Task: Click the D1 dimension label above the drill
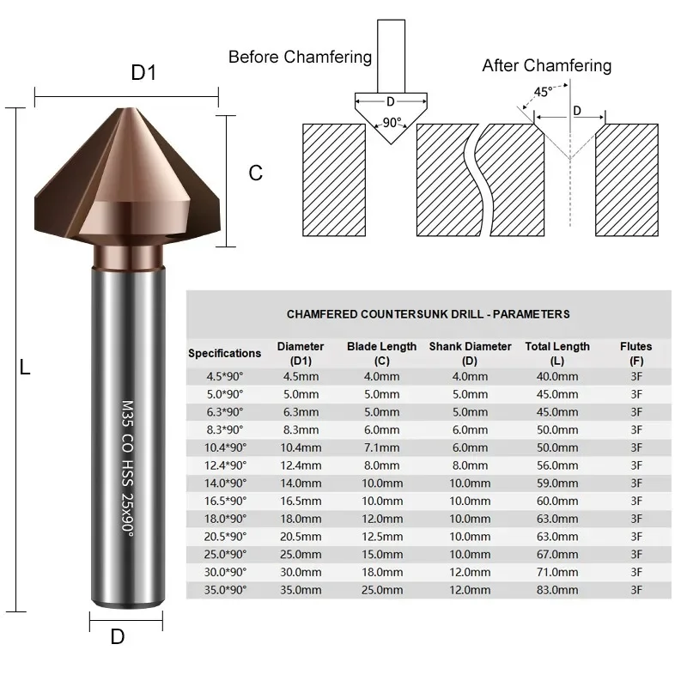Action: click(143, 72)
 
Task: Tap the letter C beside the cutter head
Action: click(255, 173)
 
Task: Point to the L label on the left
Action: click(25, 367)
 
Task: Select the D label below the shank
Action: click(118, 636)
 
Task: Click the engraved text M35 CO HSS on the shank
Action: click(127, 443)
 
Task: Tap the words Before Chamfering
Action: click(300, 57)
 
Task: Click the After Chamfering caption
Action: click(547, 65)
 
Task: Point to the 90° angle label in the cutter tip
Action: click(392, 122)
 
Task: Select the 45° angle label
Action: click(543, 92)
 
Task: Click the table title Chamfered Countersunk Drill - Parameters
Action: click(428, 314)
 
